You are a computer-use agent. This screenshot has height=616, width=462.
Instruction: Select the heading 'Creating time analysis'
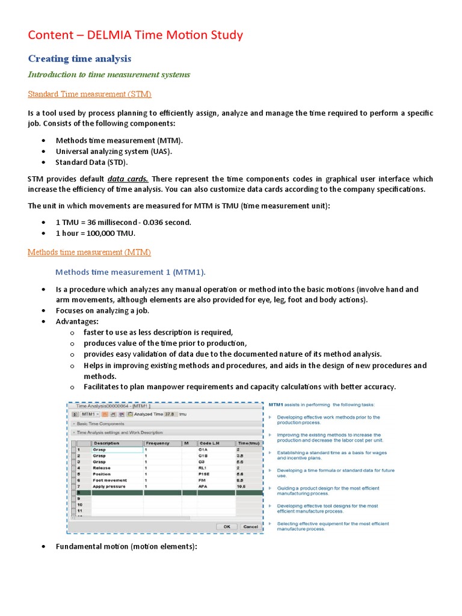coord(79,58)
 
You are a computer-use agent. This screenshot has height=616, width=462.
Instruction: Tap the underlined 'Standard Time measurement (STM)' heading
coord(90,94)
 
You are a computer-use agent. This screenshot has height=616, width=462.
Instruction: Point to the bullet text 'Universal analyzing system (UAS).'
coord(114,151)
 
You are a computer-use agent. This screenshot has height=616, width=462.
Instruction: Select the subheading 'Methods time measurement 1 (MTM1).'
coord(131,272)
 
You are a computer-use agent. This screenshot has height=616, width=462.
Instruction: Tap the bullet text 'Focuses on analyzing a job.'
coord(102,310)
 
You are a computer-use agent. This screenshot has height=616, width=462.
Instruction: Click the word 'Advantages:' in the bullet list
coord(77,321)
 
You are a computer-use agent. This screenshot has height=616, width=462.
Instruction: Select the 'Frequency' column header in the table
coord(158,443)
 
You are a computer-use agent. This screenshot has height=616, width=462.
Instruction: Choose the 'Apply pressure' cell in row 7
coord(109,486)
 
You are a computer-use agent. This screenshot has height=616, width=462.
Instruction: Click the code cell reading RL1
coord(203,467)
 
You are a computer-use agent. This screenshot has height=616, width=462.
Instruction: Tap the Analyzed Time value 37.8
coord(170,414)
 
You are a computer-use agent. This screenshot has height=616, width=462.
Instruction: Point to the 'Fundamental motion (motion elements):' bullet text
coord(126,546)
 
